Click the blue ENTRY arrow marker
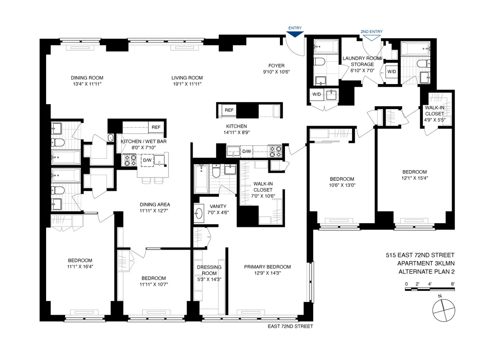295,35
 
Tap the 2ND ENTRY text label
371,31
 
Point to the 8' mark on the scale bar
452,284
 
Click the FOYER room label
276,65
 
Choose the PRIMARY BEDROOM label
267,267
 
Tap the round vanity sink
199,213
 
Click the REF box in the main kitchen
229,110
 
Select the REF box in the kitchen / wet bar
156,127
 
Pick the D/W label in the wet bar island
147,160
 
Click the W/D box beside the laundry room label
391,72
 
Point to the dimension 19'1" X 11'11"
187,84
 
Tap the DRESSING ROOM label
209,270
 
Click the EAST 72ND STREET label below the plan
290,326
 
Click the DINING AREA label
155,204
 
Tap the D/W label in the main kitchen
246,152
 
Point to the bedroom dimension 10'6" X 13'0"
342,185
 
